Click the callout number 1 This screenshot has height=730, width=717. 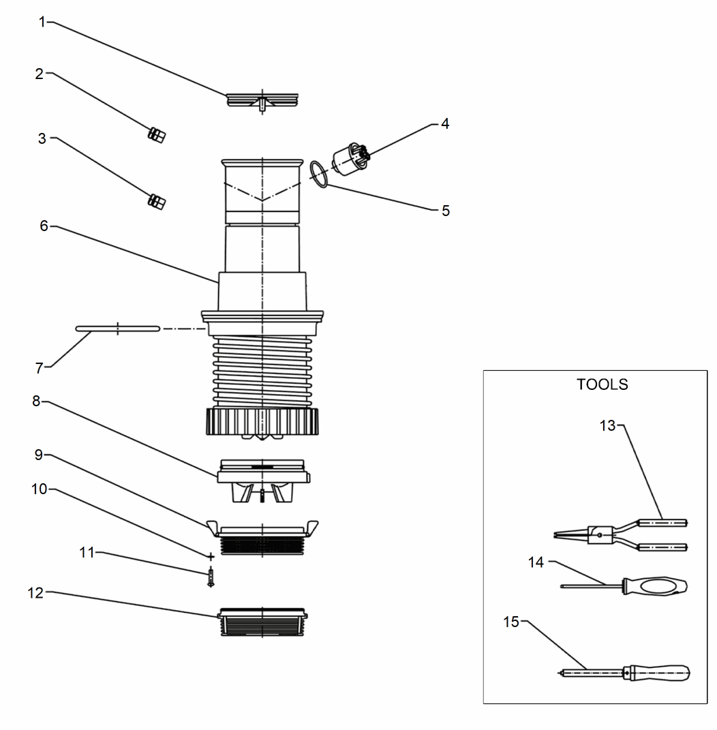coord(42,22)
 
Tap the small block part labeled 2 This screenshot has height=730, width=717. coord(156,134)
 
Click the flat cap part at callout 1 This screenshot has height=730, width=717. coord(262,100)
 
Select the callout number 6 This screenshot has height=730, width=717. coord(44,226)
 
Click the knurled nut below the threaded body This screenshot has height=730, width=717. coord(262,422)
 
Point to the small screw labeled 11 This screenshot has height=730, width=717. coord(211,577)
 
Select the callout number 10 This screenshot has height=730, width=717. coord(37,489)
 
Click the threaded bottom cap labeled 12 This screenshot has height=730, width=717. coord(262,622)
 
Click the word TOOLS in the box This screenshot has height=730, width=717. coord(602,384)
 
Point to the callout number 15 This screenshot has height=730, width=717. coord(510,622)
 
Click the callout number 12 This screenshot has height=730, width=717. coord(35,593)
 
